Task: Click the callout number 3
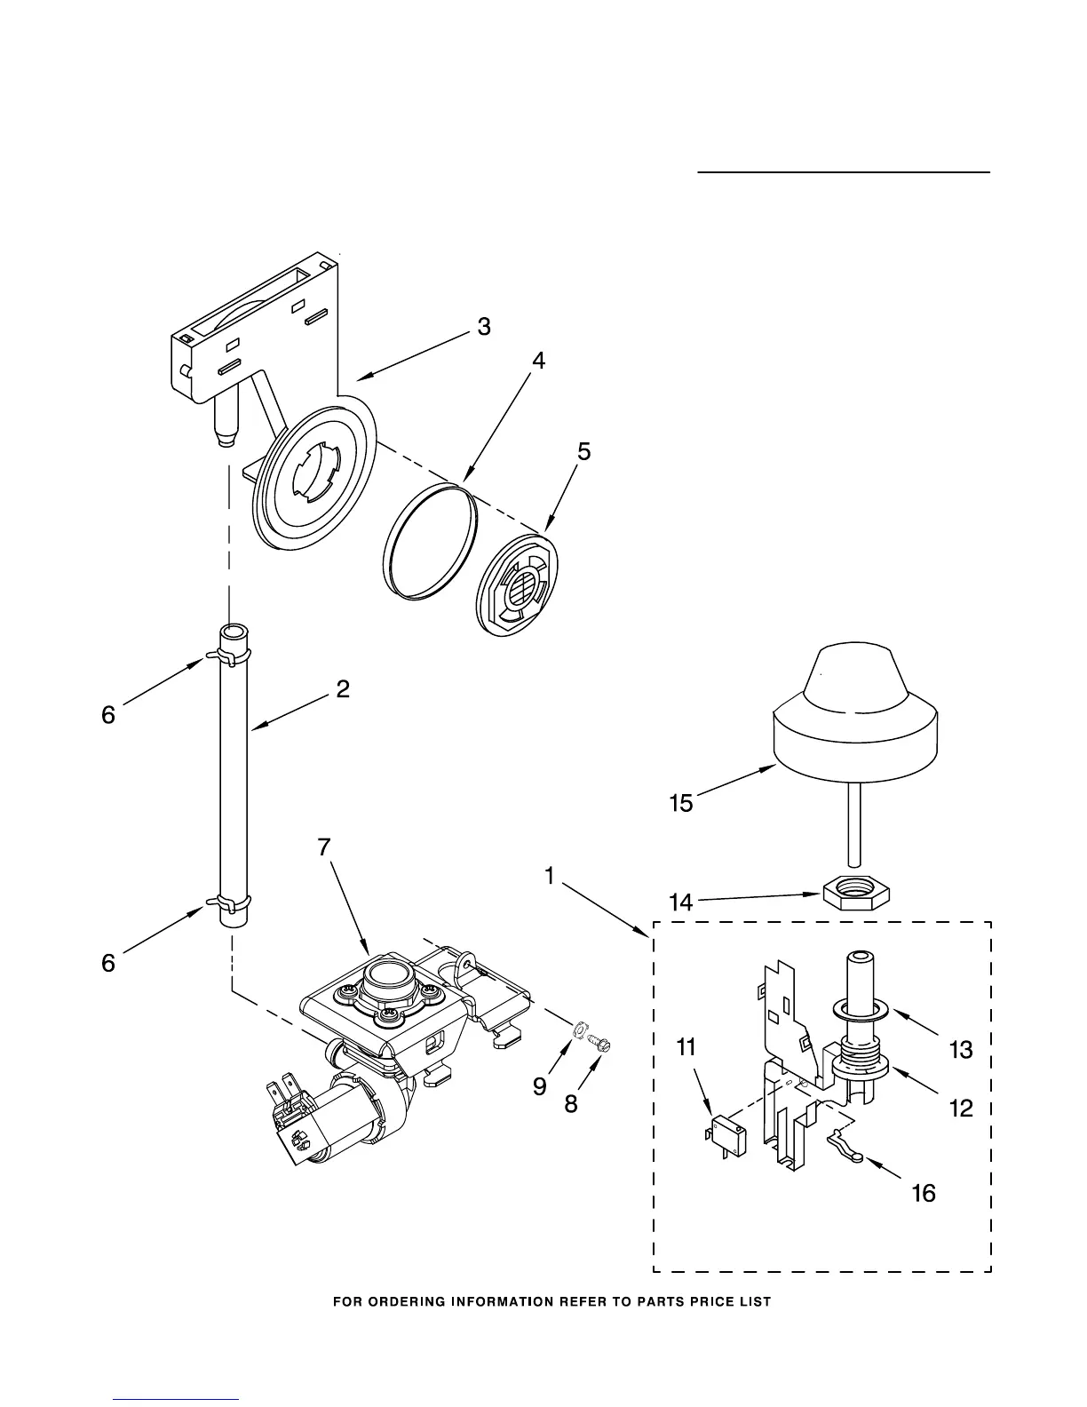pos(483,327)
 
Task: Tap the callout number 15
pos(680,804)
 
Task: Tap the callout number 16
pos(924,1193)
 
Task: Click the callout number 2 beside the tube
pos(343,688)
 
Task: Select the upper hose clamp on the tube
pos(227,656)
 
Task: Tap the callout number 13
pos(961,1050)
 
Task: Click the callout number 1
pos(550,878)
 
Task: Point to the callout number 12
pos(961,1108)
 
